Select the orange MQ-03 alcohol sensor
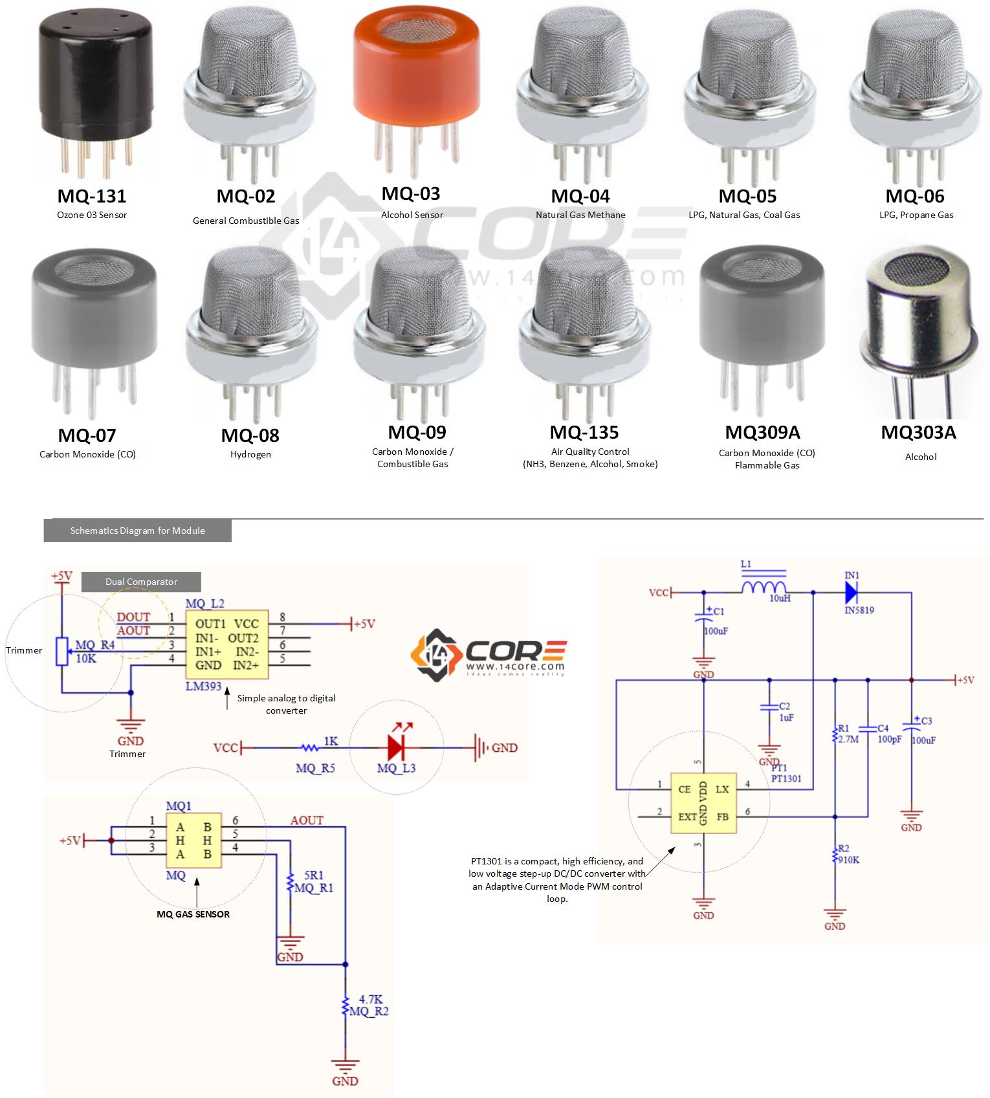click(x=416, y=71)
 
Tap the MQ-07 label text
click(x=87, y=435)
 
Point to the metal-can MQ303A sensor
click(x=919, y=324)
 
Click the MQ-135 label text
click(x=584, y=432)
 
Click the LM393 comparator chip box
click(x=227, y=644)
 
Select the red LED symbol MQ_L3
click(x=397, y=747)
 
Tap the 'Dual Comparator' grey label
click(x=141, y=582)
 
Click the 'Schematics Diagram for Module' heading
click(x=137, y=531)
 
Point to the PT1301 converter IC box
click(x=703, y=803)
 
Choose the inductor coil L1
click(x=764, y=586)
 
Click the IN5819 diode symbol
click(x=852, y=592)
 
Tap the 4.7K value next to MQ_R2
click(x=370, y=999)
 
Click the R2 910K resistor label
click(x=848, y=854)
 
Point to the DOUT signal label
click(x=133, y=617)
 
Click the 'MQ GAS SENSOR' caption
click(x=193, y=914)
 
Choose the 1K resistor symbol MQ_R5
click(x=310, y=747)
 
